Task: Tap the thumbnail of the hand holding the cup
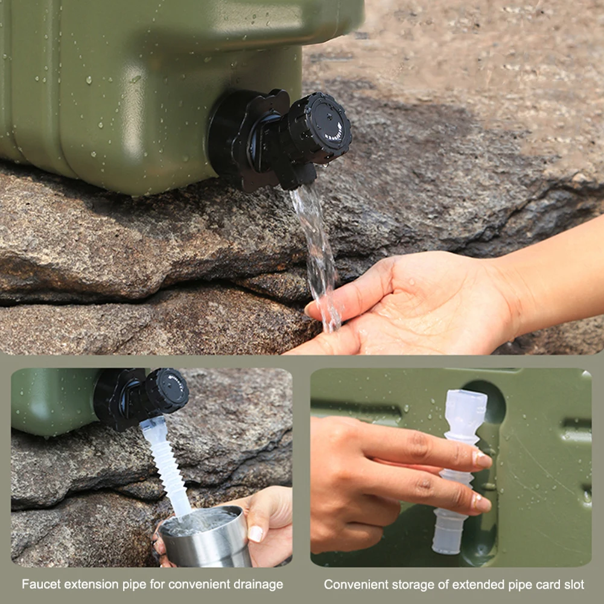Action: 256,533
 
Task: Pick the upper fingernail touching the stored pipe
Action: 482,460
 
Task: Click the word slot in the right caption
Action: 573,584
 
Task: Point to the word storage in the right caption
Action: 407,584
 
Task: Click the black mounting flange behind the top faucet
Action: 241,139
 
